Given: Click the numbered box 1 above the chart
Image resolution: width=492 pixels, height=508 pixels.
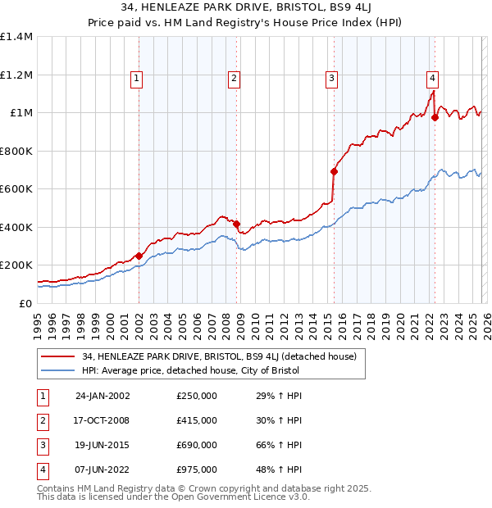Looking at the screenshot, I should tap(135, 79).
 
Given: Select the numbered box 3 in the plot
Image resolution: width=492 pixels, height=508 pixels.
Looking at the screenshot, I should tap(331, 79).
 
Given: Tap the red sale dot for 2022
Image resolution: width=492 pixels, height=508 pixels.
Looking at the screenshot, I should tap(435, 117).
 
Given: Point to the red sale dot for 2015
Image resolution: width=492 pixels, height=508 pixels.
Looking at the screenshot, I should tap(334, 171).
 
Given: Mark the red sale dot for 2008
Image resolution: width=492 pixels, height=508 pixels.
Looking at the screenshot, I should tap(236, 224).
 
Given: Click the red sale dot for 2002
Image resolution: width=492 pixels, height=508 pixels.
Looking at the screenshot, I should tap(139, 256).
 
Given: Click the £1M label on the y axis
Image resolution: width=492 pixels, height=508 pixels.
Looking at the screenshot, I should tap(21, 113).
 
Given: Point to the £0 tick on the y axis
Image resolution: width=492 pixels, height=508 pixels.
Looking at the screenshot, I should tap(26, 303).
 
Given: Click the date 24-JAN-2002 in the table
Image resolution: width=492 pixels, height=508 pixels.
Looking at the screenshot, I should tap(102, 396).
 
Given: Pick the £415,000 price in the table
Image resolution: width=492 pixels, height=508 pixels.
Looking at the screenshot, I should tap(197, 420).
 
